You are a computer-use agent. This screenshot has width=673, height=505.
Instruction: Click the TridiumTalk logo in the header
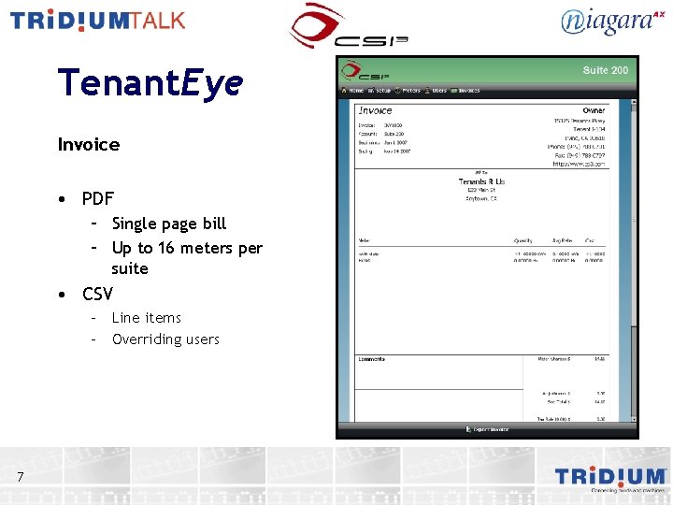pyautogui.click(x=97, y=21)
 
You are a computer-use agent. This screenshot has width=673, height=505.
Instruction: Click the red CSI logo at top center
pyautogui.click(x=347, y=27)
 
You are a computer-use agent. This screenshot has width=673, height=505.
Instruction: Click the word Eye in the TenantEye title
pyautogui.click(x=212, y=84)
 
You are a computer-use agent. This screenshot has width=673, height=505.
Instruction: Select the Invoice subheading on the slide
pyautogui.click(x=89, y=144)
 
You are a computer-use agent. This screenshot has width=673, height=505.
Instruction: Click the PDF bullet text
pyautogui.click(x=97, y=198)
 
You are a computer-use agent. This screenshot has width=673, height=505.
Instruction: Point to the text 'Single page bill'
pyautogui.click(x=168, y=224)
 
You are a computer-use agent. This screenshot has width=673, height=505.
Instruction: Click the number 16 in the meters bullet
pyautogui.click(x=165, y=248)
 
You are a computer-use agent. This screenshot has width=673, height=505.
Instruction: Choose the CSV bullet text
pyautogui.click(x=97, y=294)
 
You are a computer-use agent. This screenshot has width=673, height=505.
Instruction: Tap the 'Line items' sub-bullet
pyautogui.click(x=146, y=318)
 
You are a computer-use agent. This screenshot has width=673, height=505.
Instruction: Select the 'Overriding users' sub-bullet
pyautogui.click(x=165, y=339)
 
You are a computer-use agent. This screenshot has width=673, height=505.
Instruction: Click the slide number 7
pyautogui.click(x=21, y=478)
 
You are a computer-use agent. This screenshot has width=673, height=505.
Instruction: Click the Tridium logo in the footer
pyautogui.click(x=610, y=478)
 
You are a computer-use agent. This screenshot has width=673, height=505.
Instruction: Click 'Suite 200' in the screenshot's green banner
pyautogui.click(x=605, y=70)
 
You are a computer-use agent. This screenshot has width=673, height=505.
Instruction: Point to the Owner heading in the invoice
pyautogui.click(x=594, y=110)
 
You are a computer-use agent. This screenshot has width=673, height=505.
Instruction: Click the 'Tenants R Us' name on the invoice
pyautogui.click(x=482, y=180)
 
